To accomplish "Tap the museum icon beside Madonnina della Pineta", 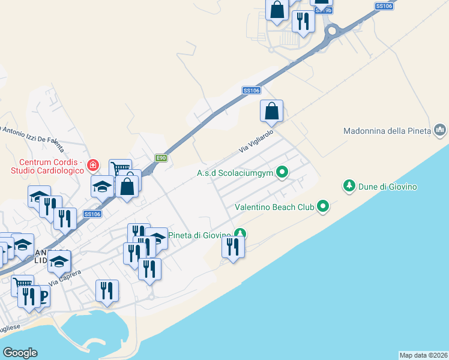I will pos(440,130).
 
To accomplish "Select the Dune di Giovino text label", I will pos(389,187).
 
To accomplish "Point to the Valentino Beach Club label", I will pos(275,207).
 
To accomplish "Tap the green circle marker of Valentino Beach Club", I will pos(324,207).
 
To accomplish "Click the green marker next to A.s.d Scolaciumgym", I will pos(282,173).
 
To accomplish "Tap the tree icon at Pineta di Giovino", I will pos(240,234).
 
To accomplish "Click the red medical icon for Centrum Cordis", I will pos(93,164).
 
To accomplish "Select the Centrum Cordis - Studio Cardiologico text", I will pos(52,167).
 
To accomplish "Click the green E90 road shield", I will pos(160,158).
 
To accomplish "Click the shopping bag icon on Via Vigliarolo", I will pos(271,111).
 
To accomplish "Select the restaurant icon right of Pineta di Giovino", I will pos(232,247).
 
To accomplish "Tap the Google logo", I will pos(20,353).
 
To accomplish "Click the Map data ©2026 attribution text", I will pos(423,355).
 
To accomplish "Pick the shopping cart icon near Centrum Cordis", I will pos(119,169).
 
